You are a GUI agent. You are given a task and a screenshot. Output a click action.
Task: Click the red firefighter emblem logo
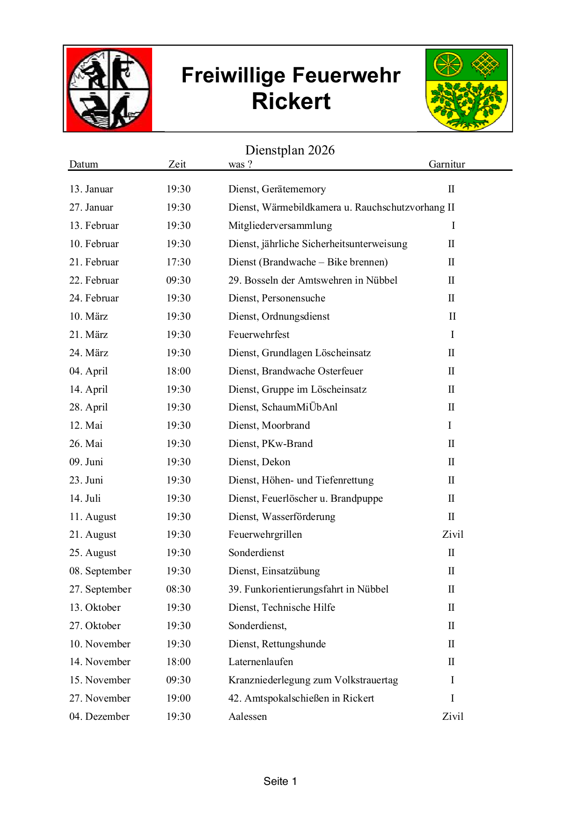point(109,89)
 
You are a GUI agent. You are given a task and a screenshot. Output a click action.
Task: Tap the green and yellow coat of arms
point(466,89)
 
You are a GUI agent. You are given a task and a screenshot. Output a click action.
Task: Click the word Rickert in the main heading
point(291,102)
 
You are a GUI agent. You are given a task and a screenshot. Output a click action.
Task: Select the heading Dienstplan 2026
point(290,150)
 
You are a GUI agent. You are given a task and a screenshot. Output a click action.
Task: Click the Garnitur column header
point(447,164)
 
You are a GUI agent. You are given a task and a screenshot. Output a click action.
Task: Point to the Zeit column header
point(177,164)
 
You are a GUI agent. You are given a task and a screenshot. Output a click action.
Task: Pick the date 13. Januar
point(91,189)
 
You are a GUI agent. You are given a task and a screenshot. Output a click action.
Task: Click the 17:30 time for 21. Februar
point(178,262)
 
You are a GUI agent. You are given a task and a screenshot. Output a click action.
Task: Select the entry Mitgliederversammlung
point(280,226)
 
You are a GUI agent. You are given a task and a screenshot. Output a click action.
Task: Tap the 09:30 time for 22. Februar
point(178,280)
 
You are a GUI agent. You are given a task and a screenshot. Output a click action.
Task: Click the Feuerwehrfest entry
point(259,335)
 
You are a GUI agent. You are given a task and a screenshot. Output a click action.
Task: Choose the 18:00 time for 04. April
point(178,371)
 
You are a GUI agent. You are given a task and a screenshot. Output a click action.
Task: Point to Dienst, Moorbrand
point(269,425)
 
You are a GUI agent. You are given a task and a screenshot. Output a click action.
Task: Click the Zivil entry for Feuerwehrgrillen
point(453,534)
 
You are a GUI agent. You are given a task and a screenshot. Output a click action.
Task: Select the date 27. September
point(100,589)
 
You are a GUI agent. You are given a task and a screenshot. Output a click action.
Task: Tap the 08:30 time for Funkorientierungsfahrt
point(178,589)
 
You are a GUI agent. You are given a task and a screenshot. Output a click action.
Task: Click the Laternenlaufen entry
point(261,662)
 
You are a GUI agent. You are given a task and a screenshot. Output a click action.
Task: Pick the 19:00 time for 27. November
point(178,698)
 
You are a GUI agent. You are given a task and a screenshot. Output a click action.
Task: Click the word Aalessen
point(248,717)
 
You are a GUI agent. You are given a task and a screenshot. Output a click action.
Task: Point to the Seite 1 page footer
point(280,781)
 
